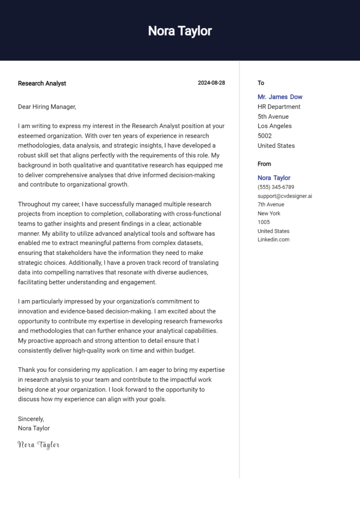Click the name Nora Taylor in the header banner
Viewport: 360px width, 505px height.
pos(180,31)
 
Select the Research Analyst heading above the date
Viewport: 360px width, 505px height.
pos(42,83)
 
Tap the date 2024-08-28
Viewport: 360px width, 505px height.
pos(211,83)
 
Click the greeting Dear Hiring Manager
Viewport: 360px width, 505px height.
pos(47,107)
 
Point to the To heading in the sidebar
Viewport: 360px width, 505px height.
pos(261,83)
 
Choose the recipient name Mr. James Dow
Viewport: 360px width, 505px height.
pos(280,97)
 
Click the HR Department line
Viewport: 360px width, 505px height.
pos(279,107)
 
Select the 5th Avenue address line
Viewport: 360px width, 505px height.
pos(273,117)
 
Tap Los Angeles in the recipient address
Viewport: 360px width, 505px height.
pos(274,126)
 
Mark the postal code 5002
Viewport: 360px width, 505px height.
pos(264,136)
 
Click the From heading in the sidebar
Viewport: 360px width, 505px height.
pos(264,164)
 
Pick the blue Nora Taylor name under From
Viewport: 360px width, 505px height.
pos(274,178)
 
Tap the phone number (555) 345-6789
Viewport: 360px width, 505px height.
pos(276,187)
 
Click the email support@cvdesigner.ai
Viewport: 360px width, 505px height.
pos(285,196)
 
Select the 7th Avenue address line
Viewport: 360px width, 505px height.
pos(270,205)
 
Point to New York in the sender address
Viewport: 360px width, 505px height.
pos(269,214)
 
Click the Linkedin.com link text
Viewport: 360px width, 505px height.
pos(273,240)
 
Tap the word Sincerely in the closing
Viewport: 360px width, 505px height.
pos(31,419)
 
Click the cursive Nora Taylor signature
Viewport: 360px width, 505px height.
pos(38,445)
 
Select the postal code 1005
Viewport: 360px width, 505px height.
pos(263,222)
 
